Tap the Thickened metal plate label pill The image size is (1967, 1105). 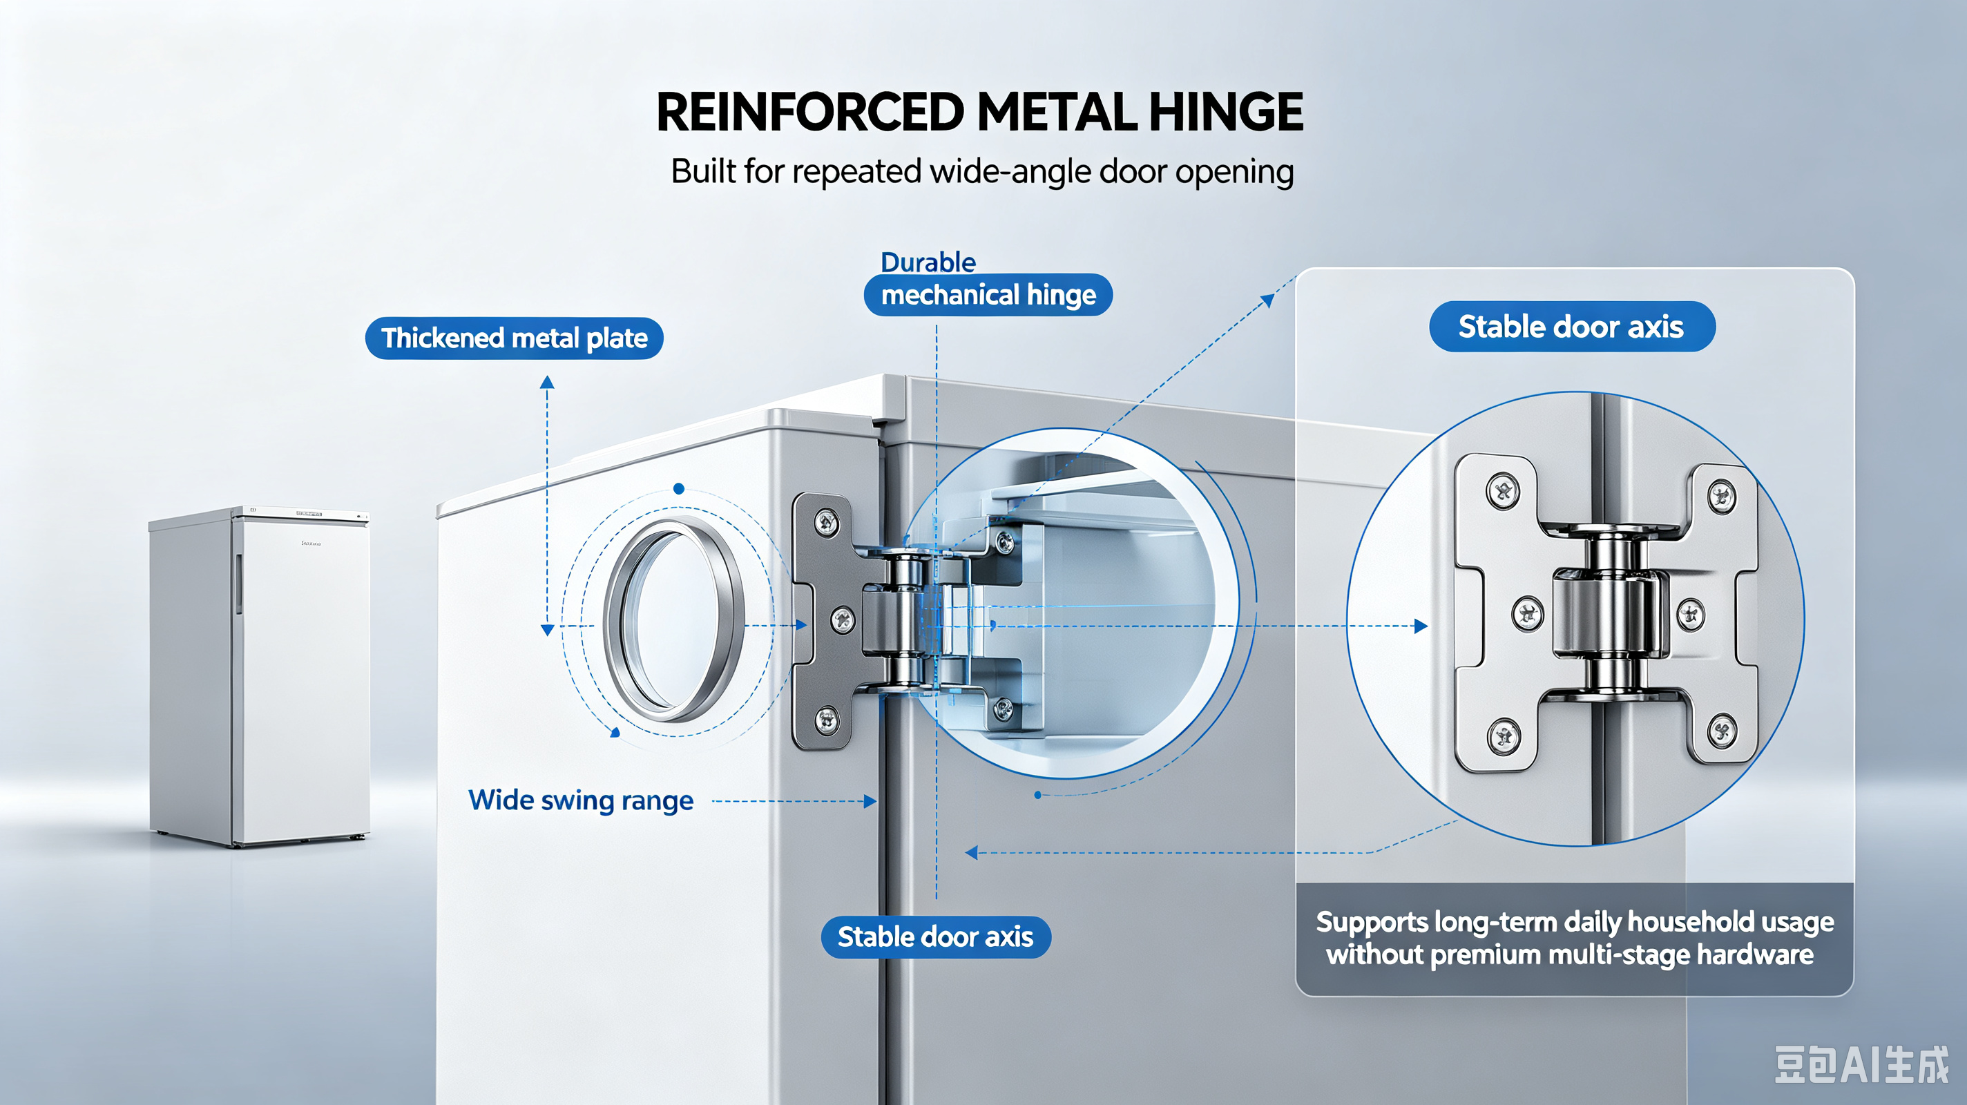(x=514, y=338)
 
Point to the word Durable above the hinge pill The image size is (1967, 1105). (x=928, y=262)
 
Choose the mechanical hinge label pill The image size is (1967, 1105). (x=988, y=295)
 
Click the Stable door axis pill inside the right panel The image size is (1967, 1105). (x=1571, y=327)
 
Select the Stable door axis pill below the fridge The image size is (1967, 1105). (x=935, y=937)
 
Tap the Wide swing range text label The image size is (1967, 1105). (x=581, y=800)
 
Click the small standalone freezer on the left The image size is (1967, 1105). (x=260, y=676)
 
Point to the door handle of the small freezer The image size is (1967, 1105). (x=238, y=584)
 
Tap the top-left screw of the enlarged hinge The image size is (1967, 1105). (x=1503, y=490)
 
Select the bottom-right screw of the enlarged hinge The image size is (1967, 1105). (x=1722, y=731)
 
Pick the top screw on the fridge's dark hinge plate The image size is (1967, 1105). (x=827, y=523)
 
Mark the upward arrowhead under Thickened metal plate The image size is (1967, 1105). (x=547, y=382)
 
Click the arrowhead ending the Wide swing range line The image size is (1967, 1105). (x=870, y=802)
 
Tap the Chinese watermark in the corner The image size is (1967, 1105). (x=1861, y=1064)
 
